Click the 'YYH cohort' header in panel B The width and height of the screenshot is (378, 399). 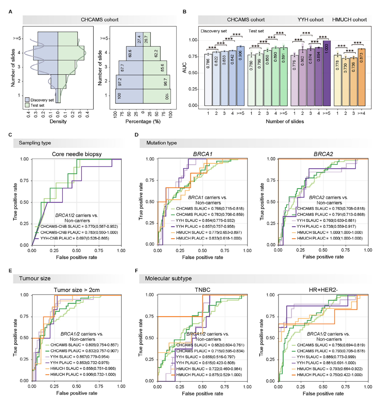point(310,20)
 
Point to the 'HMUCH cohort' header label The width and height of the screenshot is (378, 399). point(349,20)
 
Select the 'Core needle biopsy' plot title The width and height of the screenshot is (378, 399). point(77,154)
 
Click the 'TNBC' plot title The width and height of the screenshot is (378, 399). point(202,290)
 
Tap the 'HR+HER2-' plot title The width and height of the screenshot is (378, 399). point(323,290)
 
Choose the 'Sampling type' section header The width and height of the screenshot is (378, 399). point(35,143)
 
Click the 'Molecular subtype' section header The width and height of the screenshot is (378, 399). point(168,279)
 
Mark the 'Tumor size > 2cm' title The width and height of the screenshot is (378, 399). point(77,290)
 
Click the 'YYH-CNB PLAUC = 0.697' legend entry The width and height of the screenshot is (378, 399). point(74,238)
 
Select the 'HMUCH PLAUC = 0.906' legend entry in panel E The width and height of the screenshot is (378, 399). point(83,375)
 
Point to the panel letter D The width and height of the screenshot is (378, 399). point(136,135)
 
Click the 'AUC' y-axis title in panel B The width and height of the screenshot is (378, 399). point(185,68)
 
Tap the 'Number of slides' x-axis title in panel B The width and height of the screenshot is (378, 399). point(285,121)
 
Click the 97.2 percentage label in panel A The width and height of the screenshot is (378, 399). point(120,82)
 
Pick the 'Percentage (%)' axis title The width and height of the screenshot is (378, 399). point(143,121)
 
